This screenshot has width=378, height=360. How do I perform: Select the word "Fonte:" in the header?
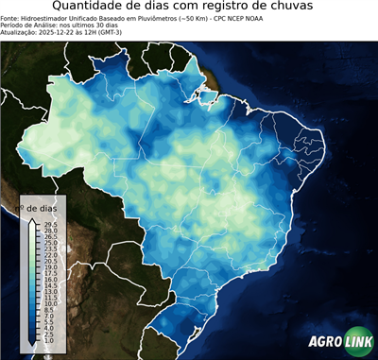tap(10, 17)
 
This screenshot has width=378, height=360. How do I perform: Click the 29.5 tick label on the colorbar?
tap(50, 224)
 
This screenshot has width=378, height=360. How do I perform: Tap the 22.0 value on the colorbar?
tap(50, 255)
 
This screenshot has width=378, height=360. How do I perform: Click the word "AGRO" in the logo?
tap(324, 345)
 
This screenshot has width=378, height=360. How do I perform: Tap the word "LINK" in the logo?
tap(356, 345)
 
